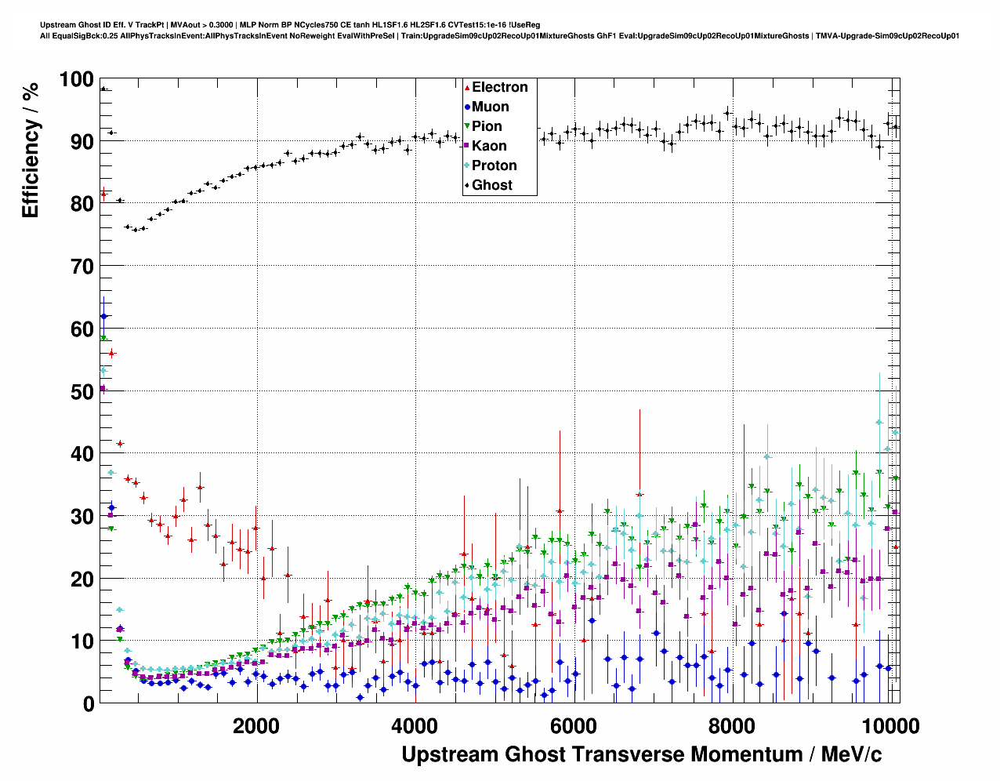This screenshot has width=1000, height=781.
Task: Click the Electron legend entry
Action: pyautogui.click(x=499, y=87)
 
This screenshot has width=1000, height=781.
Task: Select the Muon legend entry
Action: pyautogui.click(x=490, y=107)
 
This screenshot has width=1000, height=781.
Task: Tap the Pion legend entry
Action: pyautogui.click(x=487, y=126)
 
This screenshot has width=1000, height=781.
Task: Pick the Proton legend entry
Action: pyautogui.click(x=494, y=165)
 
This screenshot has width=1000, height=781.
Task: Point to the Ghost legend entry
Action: pyautogui.click(x=491, y=185)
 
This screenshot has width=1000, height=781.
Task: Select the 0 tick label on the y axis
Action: pyautogui.click(x=88, y=703)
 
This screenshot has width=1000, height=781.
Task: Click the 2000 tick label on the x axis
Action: pyautogui.click(x=256, y=725)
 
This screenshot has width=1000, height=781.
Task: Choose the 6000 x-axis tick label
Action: pyautogui.click(x=573, y=725)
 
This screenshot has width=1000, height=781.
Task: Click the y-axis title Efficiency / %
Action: pyautogui.click(x=30, y=149)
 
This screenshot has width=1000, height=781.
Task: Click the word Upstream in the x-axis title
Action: pyautogui.click(x=450, y=754)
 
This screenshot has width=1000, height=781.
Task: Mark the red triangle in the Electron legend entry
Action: pyautogui.click(x=467, y=88)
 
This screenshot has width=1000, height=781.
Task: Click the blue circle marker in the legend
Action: pyautogui.click(x=467, y=107)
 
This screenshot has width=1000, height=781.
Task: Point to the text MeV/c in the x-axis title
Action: pyautogui.click(x=851, y=754)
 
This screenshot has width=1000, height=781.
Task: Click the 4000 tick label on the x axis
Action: pyautogui.click(x=415, y=725)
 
